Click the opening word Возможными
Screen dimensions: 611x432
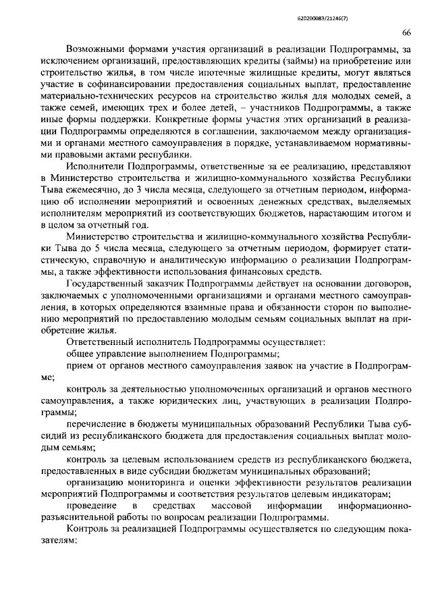point(98,50)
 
